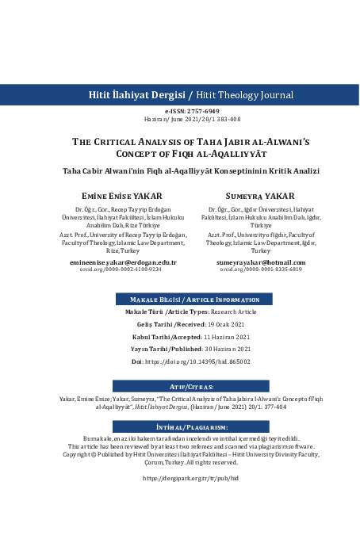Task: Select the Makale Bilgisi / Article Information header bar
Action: (x=179, y=277)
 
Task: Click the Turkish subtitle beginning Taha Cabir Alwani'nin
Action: (x=179, y=170)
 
